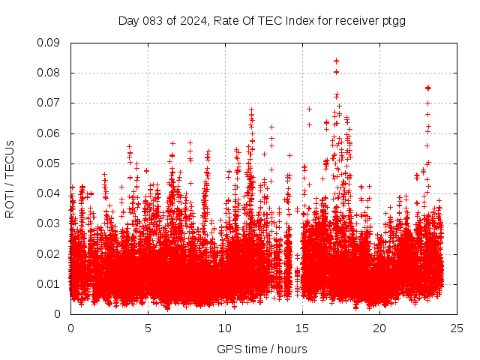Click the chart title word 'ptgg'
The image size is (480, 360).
(393, 20)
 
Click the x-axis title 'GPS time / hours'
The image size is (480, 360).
(262, 349)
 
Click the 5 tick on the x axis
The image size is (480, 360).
(148, 328)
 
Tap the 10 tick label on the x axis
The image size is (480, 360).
(225, 328)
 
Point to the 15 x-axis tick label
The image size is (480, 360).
(302, 328)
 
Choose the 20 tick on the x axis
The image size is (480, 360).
(379, 328)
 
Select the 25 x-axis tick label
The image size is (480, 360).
(457, 328)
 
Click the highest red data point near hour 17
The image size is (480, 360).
(336, 61)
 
